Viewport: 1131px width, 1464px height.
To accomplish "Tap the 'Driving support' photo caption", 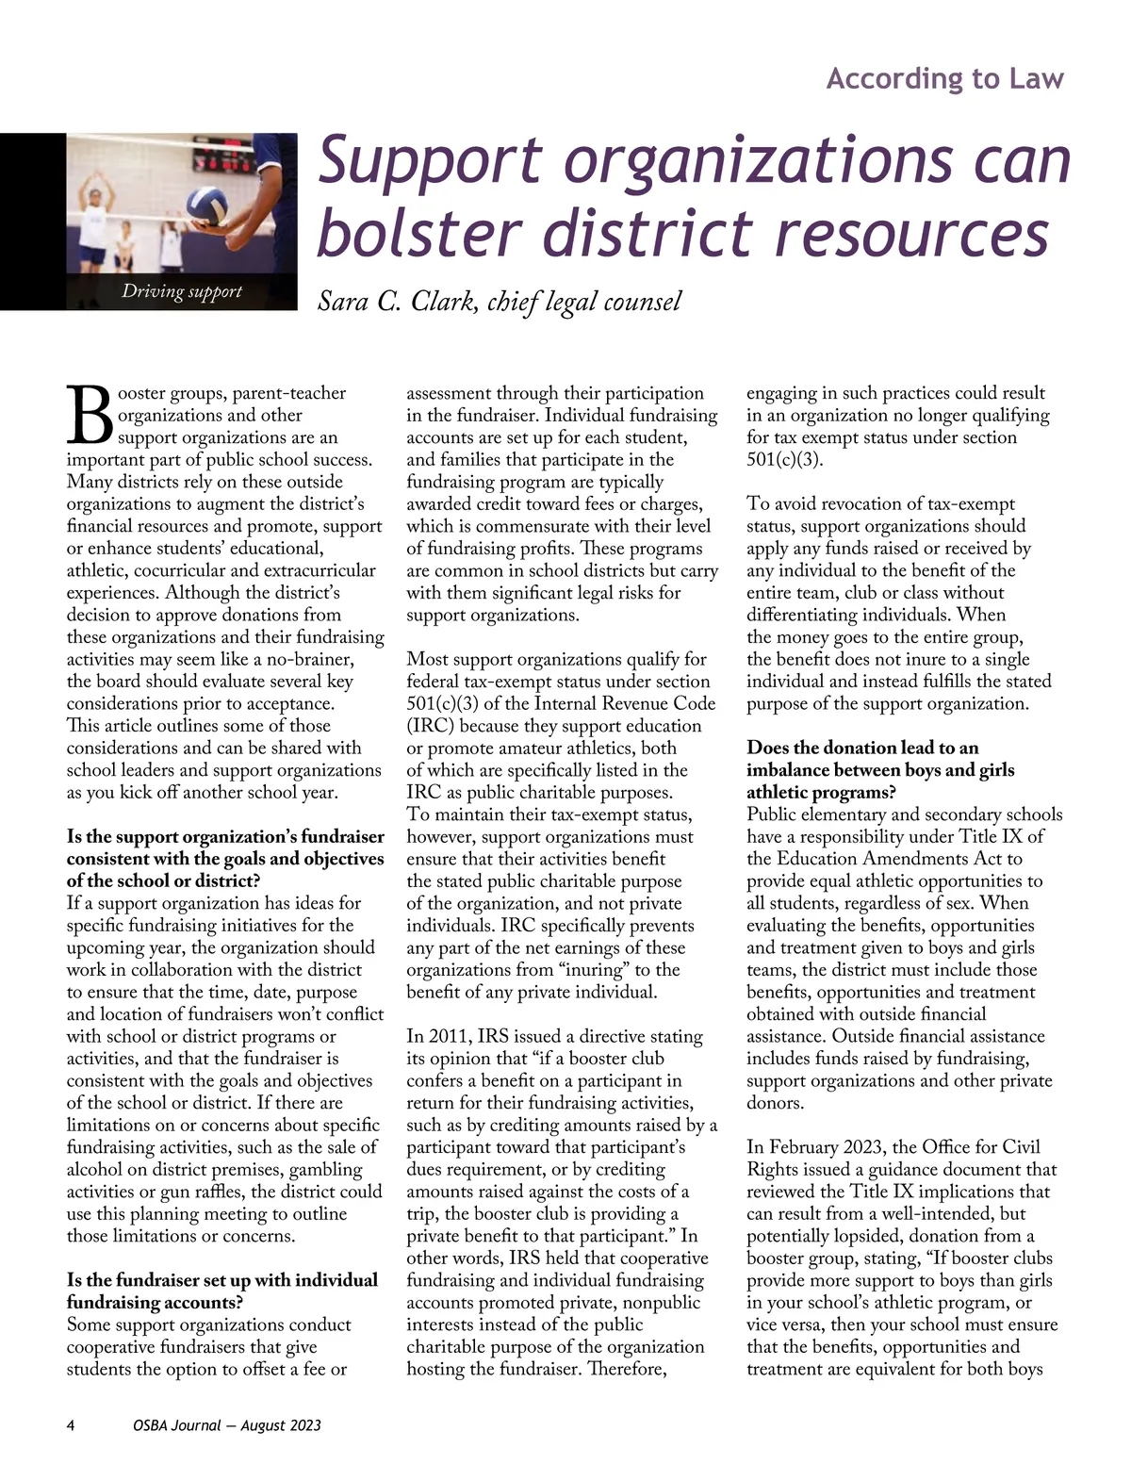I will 182,291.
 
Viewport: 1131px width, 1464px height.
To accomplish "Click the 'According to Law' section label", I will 944,78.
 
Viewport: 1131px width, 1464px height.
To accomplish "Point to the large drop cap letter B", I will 89,416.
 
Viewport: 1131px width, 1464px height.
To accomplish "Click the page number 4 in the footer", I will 71,1424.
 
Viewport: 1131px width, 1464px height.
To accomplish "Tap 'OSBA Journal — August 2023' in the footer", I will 227,1424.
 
